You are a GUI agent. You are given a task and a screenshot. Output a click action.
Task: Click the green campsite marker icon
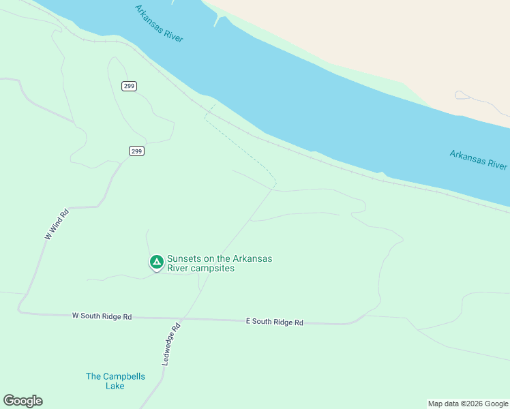[156, 262]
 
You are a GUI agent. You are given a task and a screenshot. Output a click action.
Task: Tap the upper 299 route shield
[130, 86]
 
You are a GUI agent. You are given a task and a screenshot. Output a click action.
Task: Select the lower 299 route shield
[136, 151]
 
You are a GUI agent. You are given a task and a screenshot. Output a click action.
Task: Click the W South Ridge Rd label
[102, 317]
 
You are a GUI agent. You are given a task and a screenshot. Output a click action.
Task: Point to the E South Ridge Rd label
[274, 322]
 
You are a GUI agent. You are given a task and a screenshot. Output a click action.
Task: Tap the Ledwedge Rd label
[171, 344]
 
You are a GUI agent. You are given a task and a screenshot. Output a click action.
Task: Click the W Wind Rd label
[57, 224]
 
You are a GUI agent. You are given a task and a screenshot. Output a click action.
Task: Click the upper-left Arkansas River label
[159, 23]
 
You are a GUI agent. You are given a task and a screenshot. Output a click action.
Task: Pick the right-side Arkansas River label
[478, 160]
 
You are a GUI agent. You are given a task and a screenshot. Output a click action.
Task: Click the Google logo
[22, 401]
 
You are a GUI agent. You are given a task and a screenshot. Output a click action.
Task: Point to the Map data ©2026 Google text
[468, 404]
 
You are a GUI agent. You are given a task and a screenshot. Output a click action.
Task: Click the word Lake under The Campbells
[115, 386]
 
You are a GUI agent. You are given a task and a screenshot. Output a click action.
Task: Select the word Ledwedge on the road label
[169, 348]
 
